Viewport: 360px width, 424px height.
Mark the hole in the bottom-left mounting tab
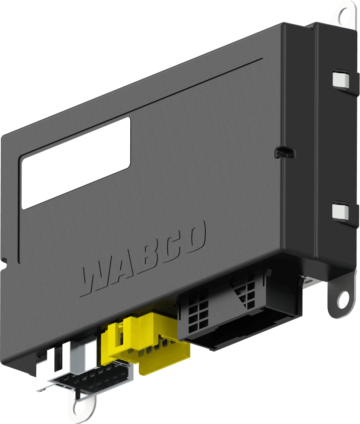tap(81, 408)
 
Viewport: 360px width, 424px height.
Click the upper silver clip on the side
tap(340, 79)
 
